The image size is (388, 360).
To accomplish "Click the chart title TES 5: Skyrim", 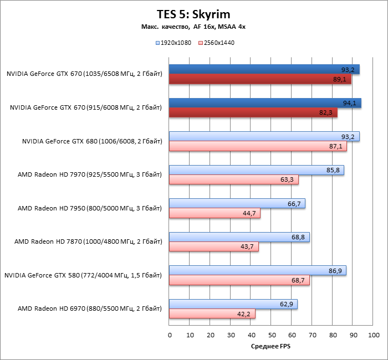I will (193, 14).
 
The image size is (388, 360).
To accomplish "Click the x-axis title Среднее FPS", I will (270, 347).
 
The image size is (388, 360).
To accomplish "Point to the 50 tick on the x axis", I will (272, 335).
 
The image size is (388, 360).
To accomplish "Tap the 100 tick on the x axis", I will (374, 335).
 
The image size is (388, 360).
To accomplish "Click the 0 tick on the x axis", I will (170, 335).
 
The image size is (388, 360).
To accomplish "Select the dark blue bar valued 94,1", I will (265, 103).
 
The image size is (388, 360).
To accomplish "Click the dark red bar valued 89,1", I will (260, 79).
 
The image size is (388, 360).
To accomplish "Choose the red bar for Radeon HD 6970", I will (212, 314).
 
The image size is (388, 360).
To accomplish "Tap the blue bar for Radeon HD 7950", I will (237, 204).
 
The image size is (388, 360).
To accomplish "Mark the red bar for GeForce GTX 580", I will (239, 281).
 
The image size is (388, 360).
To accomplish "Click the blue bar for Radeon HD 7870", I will (239, 237).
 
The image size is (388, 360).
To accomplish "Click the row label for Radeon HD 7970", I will (89, 175).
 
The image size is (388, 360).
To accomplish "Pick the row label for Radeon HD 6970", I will (89, 308).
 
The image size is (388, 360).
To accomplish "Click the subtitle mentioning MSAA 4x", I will (193, 27).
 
